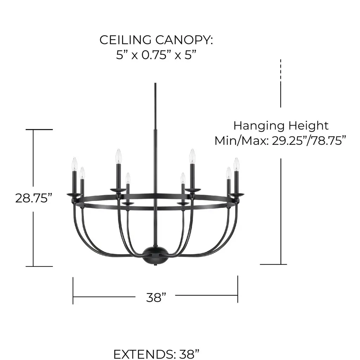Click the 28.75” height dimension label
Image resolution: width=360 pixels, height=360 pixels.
[34, 198]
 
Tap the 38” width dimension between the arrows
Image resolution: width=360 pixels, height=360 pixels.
[156, 297]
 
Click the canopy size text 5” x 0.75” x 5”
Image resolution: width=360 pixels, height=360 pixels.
[156, 55]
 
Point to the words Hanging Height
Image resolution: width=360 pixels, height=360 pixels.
[281, 126]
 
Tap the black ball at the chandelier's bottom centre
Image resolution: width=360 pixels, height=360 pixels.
[155, 255]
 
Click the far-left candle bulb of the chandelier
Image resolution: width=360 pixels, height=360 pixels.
[75, 164]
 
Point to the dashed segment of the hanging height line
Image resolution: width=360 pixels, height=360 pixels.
[281, 70]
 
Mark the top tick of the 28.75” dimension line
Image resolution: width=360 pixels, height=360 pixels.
[39, 129]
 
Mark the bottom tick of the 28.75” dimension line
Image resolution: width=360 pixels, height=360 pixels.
[39, 266]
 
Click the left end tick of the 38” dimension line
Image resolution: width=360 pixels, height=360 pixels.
[73, 291]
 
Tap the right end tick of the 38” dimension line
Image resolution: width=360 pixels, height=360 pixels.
[238, 289]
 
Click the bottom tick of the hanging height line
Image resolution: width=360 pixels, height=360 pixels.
[274, 264]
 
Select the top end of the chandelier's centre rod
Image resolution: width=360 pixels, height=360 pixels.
[155, 83]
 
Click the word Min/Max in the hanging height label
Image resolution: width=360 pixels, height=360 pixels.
[241, 141]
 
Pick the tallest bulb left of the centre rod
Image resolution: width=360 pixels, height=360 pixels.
[118, 156]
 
